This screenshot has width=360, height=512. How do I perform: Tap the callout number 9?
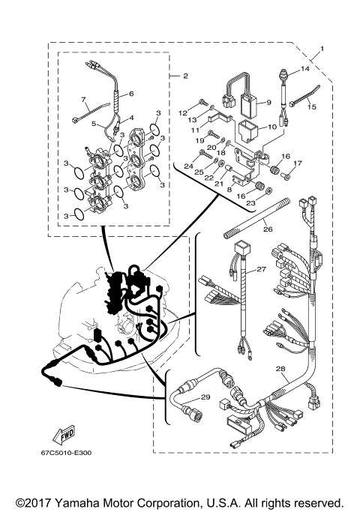tap(268, 101)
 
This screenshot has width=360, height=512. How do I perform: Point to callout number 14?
tap(304, 68)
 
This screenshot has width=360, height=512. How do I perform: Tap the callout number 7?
tap(85, 99)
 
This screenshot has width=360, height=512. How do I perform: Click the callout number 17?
tap(298, 163)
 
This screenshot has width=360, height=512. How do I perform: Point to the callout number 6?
tap(130, 94)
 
